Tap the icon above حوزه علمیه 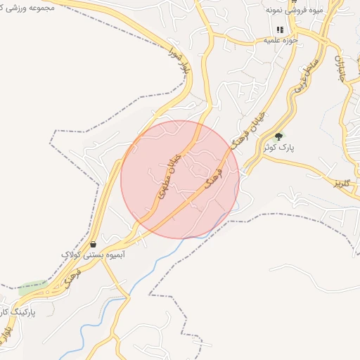click(x=280, y=30)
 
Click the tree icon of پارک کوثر click(x=280, y=136)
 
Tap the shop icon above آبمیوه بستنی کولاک click(x=94, y=244)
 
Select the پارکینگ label click(x=15, y=310)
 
